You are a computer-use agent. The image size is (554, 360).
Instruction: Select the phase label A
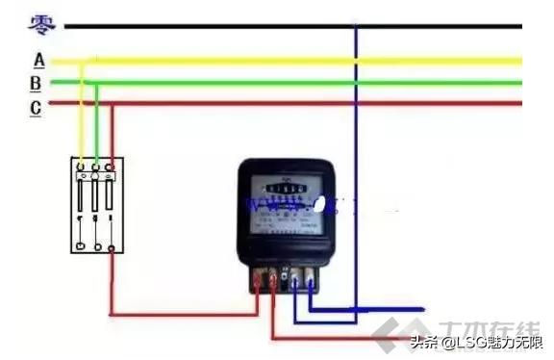(38, 60)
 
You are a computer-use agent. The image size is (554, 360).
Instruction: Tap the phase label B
(36, 83)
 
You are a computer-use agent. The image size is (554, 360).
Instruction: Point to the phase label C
(36, 107)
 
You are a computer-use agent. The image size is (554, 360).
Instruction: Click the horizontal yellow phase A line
(289, 61)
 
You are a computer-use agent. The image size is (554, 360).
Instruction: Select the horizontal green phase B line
(289, 82)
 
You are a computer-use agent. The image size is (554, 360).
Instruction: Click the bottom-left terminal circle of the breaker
(82, 246)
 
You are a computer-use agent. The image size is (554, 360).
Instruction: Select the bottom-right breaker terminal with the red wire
(113, 247)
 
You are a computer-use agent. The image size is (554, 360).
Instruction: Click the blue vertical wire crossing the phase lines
(356, 144)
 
